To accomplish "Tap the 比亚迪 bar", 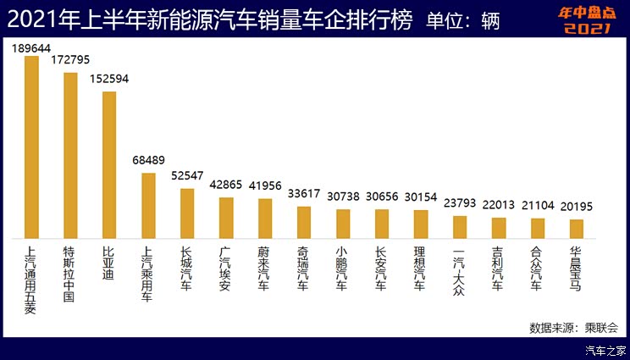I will [109, 165].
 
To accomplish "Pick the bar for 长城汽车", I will [187, 213].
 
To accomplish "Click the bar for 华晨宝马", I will [576, 229].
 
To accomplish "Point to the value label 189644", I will [31, 48].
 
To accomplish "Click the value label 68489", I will [148, 161].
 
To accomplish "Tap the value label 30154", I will [420, 197].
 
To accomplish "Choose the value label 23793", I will [459, 203].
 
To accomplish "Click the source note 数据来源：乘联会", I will [573, 327].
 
